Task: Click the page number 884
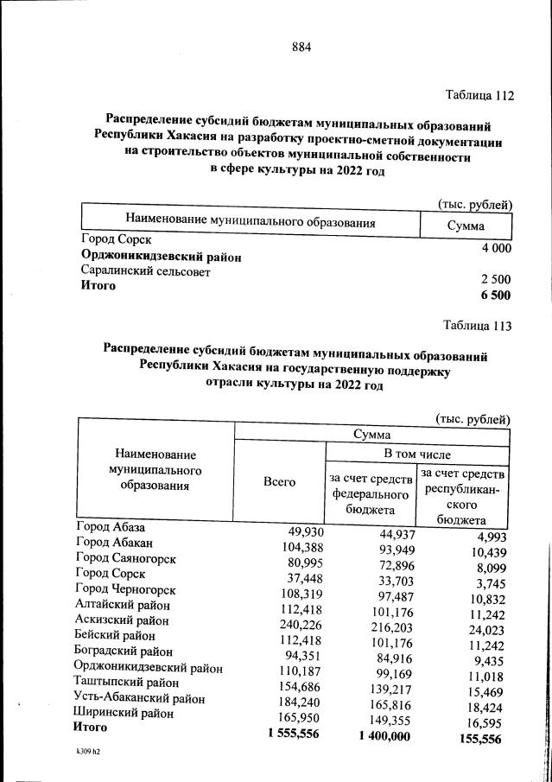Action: [301, 48]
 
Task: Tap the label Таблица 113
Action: [478, 326]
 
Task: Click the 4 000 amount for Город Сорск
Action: [495, 249]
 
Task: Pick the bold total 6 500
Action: [495, 295]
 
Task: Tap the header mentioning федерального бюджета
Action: [370, 495]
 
